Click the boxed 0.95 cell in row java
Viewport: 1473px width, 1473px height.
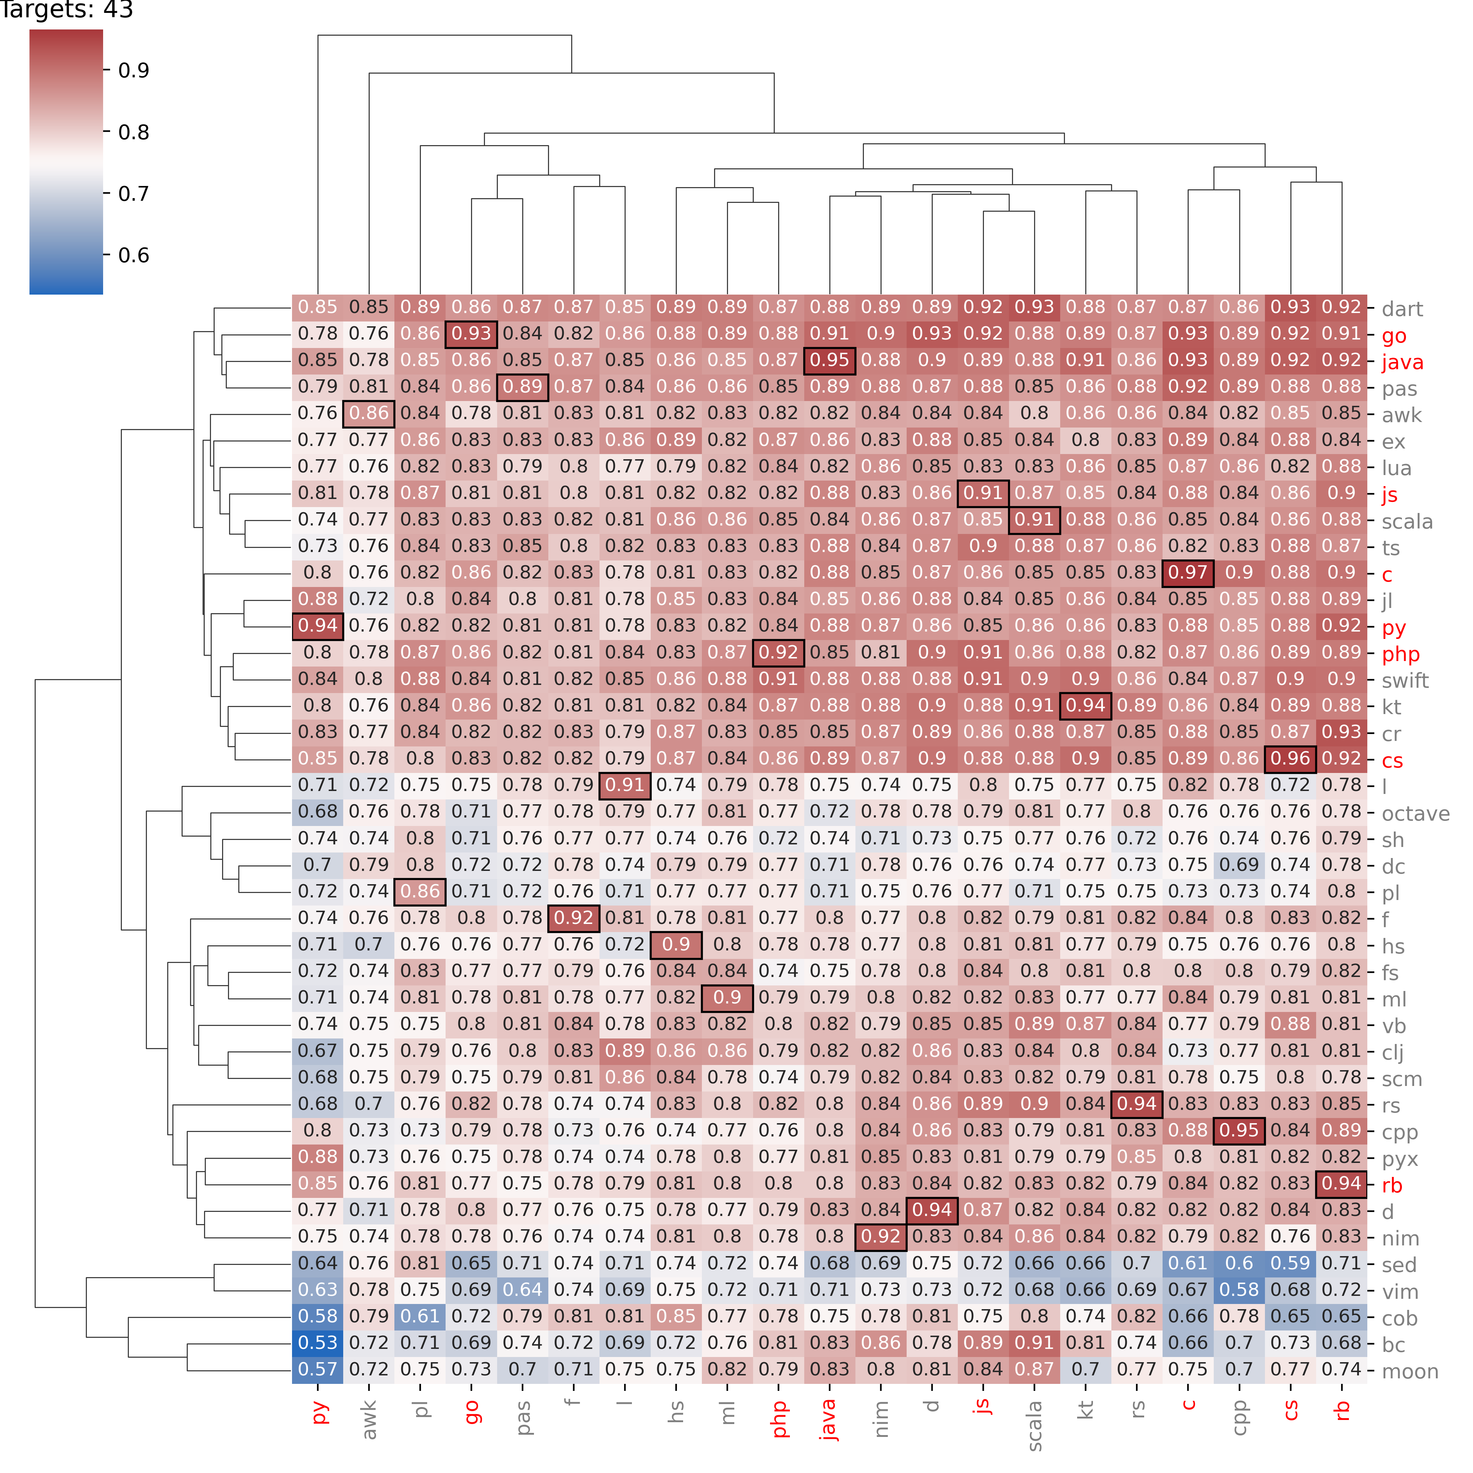point(830,360)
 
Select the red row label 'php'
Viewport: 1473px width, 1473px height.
point(1400,654)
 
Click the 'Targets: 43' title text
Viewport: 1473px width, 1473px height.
point(67,11)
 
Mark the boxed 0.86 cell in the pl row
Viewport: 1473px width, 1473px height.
point(420,891)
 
